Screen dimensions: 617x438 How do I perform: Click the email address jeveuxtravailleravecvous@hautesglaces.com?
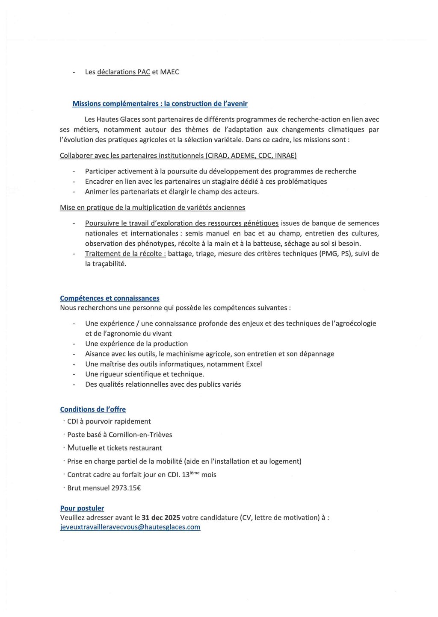point(130,527)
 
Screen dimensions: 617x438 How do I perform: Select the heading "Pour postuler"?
point(82,508)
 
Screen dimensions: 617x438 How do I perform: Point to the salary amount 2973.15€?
point(126,488)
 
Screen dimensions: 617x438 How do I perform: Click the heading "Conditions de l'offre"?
point(93,409)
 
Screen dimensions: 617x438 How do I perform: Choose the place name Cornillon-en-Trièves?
point(140,435)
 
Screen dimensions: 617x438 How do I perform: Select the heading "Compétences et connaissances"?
point(109,298)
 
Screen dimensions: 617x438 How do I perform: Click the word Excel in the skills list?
point(254,364)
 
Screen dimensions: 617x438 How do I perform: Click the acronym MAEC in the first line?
point(169,72)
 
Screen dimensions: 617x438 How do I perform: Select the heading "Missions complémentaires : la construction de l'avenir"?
point(160,103)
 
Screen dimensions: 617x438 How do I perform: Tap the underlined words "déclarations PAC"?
point(124,72)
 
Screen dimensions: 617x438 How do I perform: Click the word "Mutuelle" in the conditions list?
point(82,448)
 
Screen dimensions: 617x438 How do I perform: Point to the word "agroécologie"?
point(354,323)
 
